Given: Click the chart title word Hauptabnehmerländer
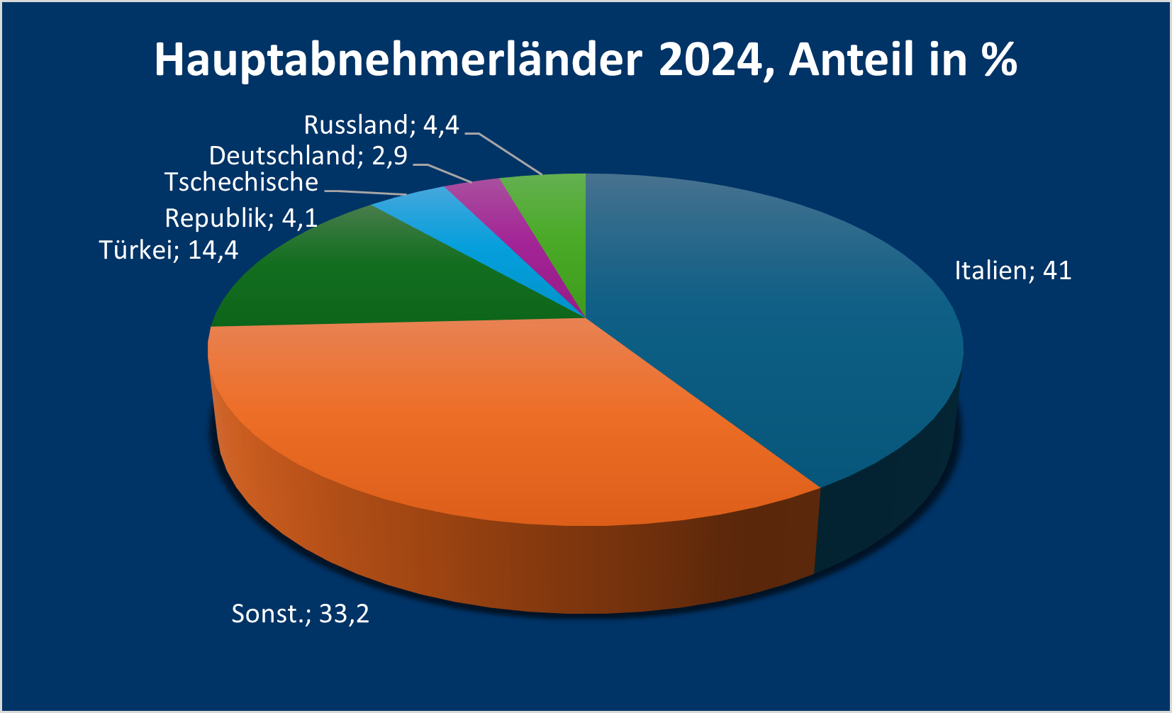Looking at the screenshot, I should pyautogui.click(x=398, y=60).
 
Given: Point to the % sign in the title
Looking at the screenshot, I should pyautogui.click(x=1000, y=60).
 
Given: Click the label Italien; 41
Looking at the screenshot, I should pyautogui.click(x=1012, y=271).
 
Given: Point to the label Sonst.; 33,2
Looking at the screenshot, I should pyautogui.click(x=300, y=613).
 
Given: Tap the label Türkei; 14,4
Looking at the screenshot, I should pyautogui.click(x=169, y=250).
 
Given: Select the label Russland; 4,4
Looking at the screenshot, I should pyautogui.click(x=381, y=125).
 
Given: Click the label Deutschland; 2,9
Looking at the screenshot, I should pyautogui.click(x=308, y=156).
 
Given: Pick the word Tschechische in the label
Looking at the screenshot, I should pyautogui.click(x=241, y=183).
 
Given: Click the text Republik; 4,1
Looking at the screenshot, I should pyautogui.click(x=241, y=218).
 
